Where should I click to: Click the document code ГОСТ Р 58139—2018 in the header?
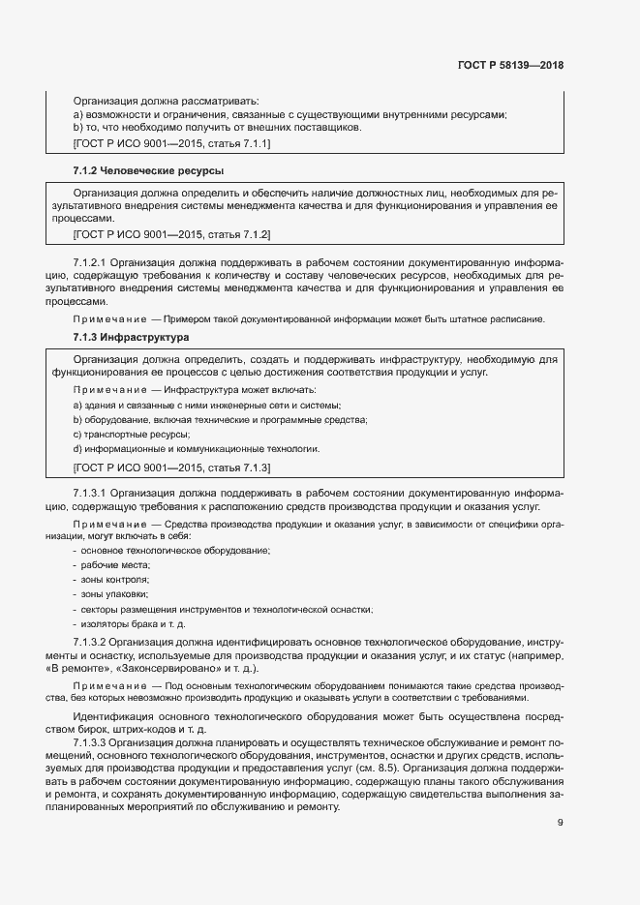coord(509,66)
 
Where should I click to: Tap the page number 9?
coord(560,796)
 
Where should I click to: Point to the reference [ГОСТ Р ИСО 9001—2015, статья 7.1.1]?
coord(171,143)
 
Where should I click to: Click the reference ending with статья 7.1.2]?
coord(171,234)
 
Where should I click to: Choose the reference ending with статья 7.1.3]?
coord(171,468)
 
